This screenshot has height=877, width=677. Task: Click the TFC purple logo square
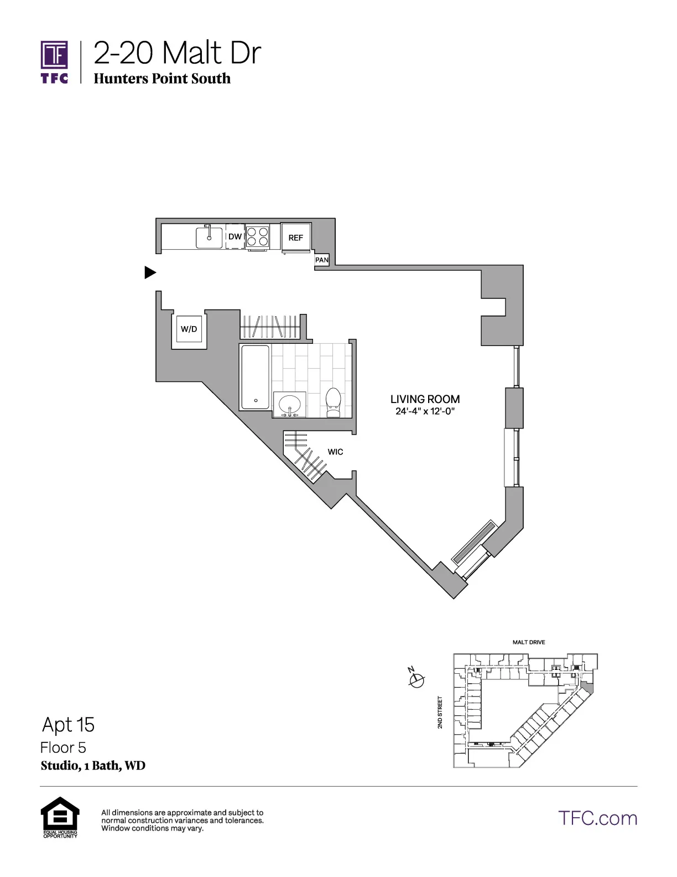[54, 55]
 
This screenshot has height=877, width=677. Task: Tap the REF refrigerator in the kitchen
[296, 238]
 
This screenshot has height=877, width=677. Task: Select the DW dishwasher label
[235, 236]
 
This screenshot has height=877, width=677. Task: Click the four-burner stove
[258, 237]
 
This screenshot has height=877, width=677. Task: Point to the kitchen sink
[209, 238]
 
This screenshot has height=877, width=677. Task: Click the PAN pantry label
[322, 260]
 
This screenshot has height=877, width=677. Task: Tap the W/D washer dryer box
[189, 329]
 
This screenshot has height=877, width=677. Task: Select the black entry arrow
[150, 272]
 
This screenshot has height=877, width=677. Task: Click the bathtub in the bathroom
[256, 377]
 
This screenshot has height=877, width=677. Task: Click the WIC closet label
[335, 452]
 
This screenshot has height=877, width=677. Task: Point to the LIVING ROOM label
[425, 399]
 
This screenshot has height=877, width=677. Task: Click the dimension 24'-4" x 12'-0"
[425, 411]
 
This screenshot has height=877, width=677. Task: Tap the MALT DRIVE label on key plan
[529, 642]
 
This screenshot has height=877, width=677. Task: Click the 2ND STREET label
[440, 713]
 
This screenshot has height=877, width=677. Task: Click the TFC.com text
[597, 818]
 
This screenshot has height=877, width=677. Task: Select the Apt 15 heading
[68, 725]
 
